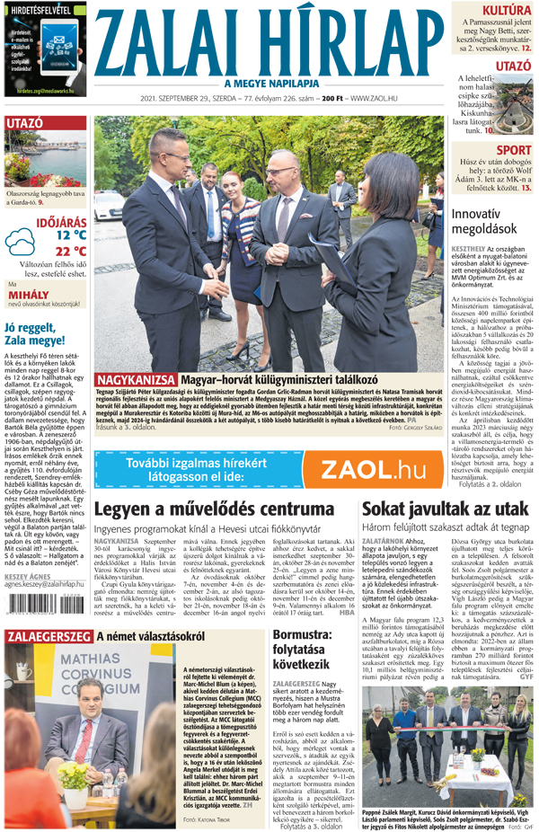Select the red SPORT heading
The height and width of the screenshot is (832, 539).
tap(513, 150)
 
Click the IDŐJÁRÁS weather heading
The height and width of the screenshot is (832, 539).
tap(61, 221)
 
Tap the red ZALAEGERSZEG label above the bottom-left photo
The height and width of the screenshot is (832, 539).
tap(48, 636)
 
